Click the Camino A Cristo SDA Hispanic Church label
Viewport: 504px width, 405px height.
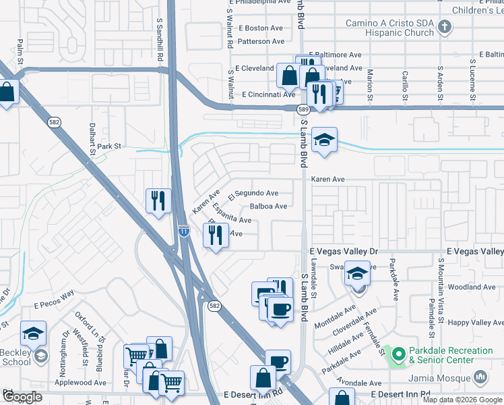[x=389, y=28]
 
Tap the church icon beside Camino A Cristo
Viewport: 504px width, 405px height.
[x=444, y=27]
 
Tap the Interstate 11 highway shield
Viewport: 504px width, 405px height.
[x=183, y=231]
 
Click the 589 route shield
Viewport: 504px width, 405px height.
[x=304, y=109]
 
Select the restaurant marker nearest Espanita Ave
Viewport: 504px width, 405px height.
[x=216, y=235]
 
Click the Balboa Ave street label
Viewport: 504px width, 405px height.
[x=268, y=207]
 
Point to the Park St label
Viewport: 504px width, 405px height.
[x=108, y=146]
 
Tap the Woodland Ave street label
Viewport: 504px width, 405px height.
[x=481, y=287]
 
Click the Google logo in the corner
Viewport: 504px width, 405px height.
[x=22, y=397]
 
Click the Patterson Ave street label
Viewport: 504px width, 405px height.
[x=261, y=42]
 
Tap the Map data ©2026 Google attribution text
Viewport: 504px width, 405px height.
[x=462, y=400]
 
